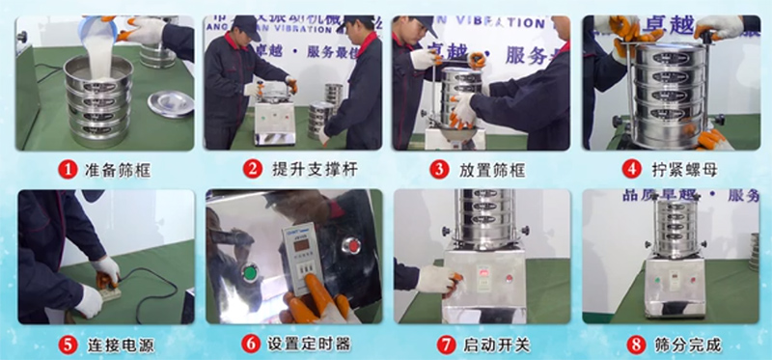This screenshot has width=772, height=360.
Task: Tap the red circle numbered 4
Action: (x=630, y=167)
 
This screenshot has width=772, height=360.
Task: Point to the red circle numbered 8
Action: (x=630, y=342)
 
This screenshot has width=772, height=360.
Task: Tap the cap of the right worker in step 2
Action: (x=334, y=23)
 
